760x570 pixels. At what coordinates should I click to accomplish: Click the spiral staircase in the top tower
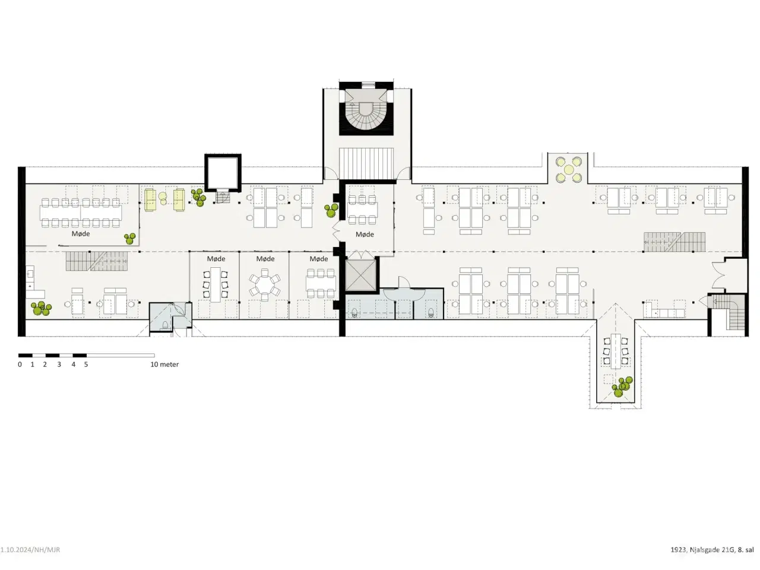366,115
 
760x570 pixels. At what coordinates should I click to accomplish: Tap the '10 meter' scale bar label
164,365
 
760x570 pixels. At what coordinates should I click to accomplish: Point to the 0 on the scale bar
20,365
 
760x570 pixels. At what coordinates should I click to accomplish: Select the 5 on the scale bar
86,365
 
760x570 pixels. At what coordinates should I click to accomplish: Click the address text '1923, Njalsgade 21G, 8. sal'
712,550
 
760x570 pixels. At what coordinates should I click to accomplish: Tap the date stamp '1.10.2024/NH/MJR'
30,550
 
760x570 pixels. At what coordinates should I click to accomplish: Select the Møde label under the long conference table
81,234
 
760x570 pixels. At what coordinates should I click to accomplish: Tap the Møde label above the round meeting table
265,259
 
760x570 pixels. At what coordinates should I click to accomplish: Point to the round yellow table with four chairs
569,169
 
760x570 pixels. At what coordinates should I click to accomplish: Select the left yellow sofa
150,200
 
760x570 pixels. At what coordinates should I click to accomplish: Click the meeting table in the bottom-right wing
615,350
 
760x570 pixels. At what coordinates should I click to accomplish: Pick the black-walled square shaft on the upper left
223,172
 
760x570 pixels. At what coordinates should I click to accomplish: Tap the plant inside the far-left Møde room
129,238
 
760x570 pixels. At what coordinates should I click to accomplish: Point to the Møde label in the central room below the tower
365,235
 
